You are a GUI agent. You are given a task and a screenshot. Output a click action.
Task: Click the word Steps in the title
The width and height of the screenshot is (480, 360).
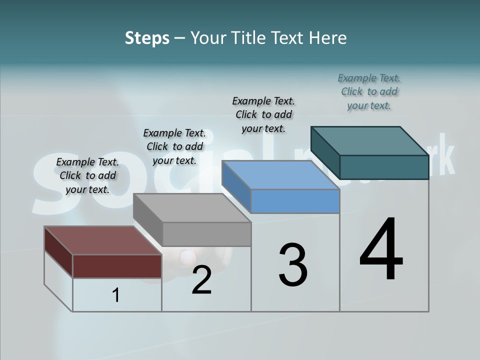146,38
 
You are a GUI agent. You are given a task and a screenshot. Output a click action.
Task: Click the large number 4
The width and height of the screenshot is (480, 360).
381,250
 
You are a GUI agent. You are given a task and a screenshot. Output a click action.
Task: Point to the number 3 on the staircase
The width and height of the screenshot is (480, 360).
292,265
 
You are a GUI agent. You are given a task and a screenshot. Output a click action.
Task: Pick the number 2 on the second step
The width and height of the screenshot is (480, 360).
201,280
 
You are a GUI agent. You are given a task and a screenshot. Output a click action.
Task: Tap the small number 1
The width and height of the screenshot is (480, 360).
115,295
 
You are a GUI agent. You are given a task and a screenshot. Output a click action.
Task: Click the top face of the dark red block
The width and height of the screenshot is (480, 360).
102,240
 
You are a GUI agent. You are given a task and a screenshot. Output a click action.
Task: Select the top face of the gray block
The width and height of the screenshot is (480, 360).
192,207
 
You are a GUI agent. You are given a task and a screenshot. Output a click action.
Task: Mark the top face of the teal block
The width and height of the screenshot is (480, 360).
370,141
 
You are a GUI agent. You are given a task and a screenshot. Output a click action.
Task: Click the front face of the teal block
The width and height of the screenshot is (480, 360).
384,167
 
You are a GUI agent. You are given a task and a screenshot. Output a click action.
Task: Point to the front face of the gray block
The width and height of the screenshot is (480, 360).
206,234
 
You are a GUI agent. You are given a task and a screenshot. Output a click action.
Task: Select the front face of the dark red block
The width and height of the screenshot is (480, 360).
117,266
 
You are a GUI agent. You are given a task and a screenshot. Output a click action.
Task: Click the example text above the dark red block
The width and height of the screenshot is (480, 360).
87,175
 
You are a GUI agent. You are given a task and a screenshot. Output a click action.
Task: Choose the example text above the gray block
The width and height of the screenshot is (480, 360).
174,146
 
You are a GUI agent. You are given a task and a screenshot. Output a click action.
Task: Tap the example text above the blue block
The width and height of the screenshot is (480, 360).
263,114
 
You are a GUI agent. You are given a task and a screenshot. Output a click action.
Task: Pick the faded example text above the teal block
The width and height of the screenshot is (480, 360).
369,91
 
